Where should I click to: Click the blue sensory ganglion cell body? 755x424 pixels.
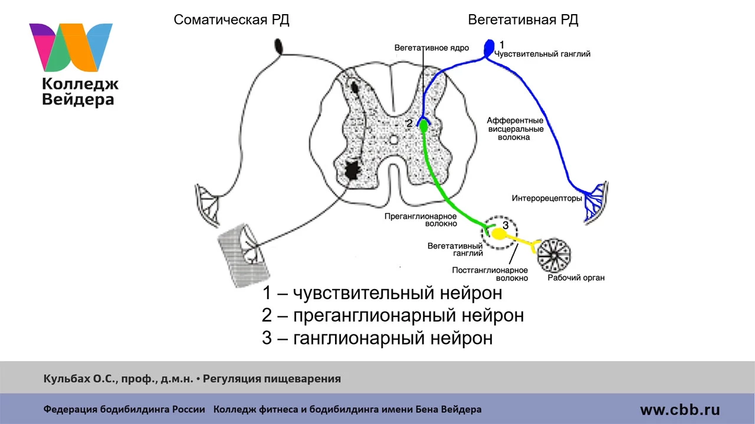point(489,48)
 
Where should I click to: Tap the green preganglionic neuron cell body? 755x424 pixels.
point(424,127)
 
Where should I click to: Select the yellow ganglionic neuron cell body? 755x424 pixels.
point(498,234)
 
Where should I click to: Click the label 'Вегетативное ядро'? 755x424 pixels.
point(431,48)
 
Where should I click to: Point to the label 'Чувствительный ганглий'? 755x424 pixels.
point(542,54)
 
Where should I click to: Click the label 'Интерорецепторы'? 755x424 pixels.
point(547,198)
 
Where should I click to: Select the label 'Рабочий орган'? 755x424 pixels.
point(576,277)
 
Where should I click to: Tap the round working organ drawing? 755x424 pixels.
point(554,256)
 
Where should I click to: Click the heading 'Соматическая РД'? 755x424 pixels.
point(231,20)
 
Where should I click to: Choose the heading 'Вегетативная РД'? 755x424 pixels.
point(523,20)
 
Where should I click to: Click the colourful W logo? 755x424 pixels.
point(71,48)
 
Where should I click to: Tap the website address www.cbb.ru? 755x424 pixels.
point(680,409)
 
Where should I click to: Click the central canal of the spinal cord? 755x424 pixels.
point(393,140)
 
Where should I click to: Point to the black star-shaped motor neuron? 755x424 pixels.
point(353,170)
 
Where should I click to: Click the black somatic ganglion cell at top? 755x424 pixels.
point(279,47)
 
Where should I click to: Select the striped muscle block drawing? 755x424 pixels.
point(244,256)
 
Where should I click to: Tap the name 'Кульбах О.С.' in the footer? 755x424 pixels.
point(80,379)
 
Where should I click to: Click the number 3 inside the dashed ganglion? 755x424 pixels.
point(505,225)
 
